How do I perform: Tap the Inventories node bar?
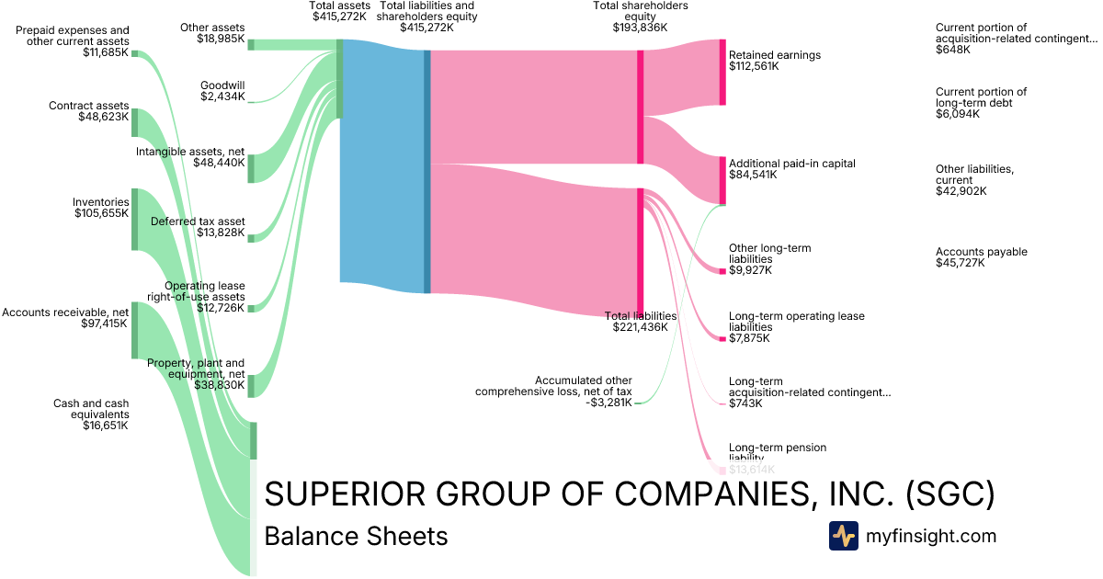coord(135,219)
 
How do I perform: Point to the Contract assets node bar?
coord(135,122)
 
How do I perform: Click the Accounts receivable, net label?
coord(64,312)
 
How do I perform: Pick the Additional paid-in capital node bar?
coord(722,180)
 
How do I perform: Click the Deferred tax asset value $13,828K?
coord(221,233)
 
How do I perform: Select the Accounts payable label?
coord(982,252)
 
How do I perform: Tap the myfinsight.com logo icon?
coord(843,536)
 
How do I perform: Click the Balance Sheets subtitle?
coord(356,536)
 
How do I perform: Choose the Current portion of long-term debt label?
coord(981,97)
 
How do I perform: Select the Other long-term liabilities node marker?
coord(722,270)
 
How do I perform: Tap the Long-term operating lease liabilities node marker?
coord(722,338)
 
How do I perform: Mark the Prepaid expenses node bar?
coord(135,53)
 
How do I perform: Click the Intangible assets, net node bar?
coord(251,168)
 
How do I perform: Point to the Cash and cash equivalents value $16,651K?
coord(106,426)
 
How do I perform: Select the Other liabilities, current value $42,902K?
coord(961,191)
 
